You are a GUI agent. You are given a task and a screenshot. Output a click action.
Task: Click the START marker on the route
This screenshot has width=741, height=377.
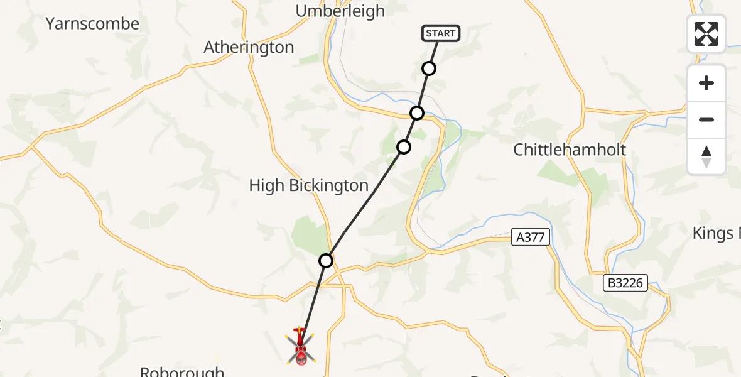441,33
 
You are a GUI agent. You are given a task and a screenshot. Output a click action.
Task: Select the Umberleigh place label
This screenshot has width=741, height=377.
340,11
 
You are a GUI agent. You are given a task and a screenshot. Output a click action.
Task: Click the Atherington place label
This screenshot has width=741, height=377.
249,47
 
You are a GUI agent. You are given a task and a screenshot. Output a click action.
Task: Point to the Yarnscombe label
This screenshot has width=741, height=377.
92,24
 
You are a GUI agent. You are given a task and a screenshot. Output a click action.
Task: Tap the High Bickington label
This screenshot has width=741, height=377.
308,185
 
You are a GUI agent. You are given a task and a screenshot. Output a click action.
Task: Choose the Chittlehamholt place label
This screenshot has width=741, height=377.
570,150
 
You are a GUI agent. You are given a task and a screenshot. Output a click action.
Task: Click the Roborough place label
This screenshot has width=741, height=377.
182,371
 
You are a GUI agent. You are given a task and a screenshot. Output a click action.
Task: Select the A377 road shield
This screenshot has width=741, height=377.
531,237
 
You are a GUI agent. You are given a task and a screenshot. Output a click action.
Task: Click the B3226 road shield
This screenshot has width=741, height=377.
625,283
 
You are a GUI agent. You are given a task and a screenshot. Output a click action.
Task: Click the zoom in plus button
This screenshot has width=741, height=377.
706,83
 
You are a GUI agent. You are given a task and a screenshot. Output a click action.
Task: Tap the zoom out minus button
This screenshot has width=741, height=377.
706,119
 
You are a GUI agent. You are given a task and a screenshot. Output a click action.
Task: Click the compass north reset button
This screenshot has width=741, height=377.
706,156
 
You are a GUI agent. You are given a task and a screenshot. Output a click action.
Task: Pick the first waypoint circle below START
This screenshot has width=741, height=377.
429,68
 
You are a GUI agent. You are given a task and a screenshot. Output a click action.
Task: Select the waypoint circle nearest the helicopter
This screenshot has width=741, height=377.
325,260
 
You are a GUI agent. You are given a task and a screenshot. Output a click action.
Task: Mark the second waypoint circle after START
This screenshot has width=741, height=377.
417,113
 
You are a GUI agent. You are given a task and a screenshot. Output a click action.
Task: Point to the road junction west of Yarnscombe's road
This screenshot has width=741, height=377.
30,148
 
